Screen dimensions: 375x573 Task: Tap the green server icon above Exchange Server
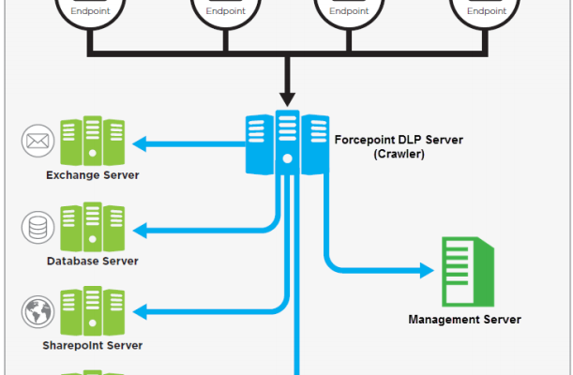tap(92, 142)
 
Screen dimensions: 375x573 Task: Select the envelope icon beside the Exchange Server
tap(37, 142)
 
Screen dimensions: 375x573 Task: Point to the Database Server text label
tap(93, 261)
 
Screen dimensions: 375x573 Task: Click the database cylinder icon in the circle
tap(37, 227)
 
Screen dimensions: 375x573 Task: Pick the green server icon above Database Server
tap(92, 227)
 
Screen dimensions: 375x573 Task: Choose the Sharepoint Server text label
tap(93, 345)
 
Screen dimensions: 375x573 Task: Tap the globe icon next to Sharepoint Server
tap(37, 311)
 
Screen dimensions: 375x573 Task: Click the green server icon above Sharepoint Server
tap(92, 311)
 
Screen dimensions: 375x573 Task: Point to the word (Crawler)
tap(399, 154)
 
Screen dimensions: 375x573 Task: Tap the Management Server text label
tap(464, 320)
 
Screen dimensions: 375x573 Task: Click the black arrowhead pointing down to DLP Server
tap(287, 97)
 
